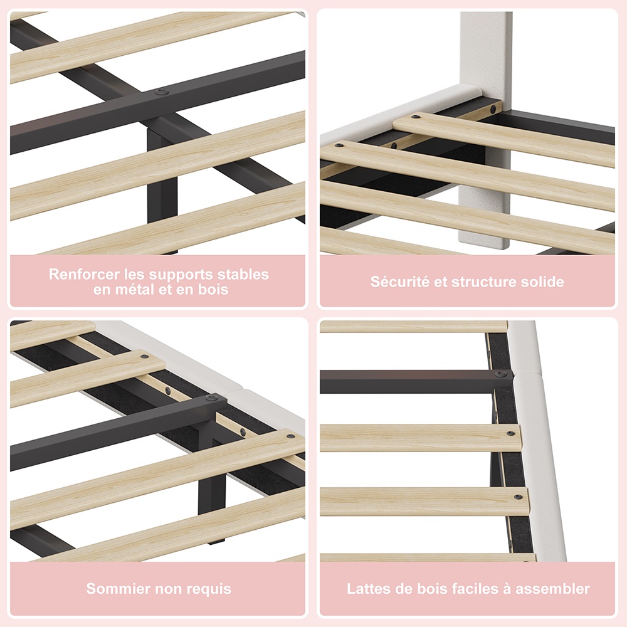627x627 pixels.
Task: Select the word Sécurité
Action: tap(400, 282)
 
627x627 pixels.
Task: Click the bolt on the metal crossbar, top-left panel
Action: tap(162, 92)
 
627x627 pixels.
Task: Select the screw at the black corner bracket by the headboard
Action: tap(495, 108)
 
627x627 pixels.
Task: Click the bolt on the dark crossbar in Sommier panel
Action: tap(211, 398)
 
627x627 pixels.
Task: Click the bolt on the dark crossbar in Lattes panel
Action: tap(498, 374)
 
